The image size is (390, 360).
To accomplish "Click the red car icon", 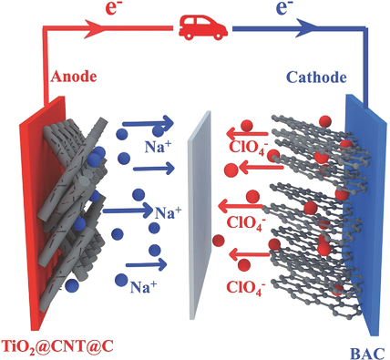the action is (x=203, y=27).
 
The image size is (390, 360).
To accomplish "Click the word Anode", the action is (x=74, y=77).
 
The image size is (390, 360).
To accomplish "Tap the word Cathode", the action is (x=316, y=77).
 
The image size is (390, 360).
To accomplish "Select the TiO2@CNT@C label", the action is (x=56, y=346).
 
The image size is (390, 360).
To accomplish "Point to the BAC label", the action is (x=367, y=354).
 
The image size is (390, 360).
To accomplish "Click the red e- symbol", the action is (x=115, y=8).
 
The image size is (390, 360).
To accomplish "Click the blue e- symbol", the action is (x=282, y=8).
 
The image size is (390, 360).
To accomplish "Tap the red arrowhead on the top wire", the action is (x=94, y=29).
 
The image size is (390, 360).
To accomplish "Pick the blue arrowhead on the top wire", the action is (x=306, y=28).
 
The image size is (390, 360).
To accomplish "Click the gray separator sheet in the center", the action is (x=200, y=215).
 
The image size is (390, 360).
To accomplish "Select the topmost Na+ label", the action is (x=159, y=147).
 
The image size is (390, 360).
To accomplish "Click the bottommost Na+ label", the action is (x=144, y=286).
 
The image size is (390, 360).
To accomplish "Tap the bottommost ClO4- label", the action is (x=244, y=287).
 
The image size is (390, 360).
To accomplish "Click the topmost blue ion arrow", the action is (x=148, y=122).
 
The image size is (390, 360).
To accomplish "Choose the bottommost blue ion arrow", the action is (x=146, y=264).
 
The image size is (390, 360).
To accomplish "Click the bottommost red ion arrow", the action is (x=250, y=254).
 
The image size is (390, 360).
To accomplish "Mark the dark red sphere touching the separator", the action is (x=218, y=241).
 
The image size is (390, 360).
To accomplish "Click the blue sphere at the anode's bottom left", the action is (x=72, y=285).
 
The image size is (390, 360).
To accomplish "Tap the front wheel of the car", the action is (x=189, y=36).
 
